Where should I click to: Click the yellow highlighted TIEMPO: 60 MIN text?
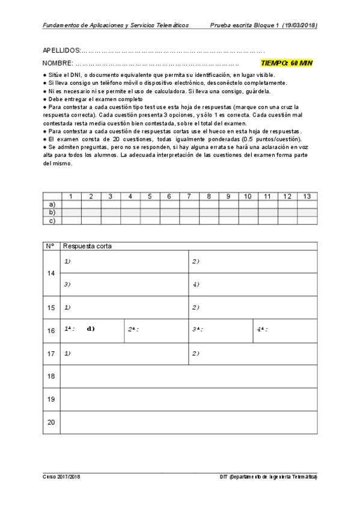pos(287,63)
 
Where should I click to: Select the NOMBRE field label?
pos(58,63)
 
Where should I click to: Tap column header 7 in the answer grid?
pos(189,197)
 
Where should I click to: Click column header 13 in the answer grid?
pos(307,197)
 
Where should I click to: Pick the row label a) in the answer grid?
pos(52,204)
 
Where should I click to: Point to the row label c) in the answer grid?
pos(52,220)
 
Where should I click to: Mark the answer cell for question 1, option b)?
pos(72,212)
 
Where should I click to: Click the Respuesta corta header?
pos(87,246)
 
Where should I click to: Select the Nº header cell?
pos(50,246)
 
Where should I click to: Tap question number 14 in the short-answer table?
pos(51,273)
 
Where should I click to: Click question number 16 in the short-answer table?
pos(51,330)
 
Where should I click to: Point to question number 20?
pos(51,422)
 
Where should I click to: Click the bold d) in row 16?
pos(91,329)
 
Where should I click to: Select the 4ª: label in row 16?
pos(262,330)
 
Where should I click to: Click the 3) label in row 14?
pos(67,284)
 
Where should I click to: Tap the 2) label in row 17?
pos(196,353)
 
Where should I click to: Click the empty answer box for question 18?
pos(189,376)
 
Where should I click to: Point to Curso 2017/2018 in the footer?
pos(61,477)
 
